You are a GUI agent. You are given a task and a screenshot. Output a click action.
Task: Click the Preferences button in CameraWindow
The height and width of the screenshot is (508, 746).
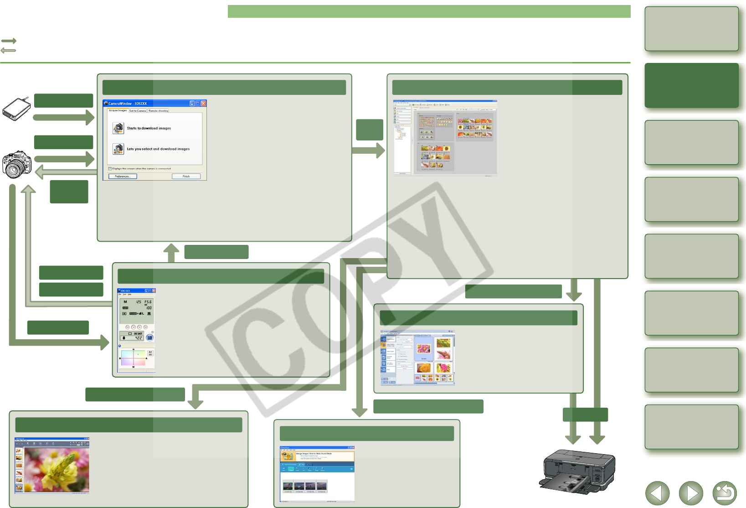pos(123,176)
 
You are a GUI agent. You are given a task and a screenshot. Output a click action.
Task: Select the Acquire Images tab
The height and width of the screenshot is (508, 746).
pos(118,110)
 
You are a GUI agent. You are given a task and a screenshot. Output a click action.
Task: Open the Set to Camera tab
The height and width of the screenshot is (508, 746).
pos(138,111)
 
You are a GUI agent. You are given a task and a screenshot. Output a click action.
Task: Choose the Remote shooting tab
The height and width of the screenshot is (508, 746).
pos(158,111)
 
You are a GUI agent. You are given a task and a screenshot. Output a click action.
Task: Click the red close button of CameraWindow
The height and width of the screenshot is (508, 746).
pos(204,104)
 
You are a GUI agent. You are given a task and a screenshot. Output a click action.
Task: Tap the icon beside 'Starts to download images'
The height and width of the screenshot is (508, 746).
pos(118,128)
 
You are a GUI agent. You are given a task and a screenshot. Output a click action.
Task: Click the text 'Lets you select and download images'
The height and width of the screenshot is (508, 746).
pos(158,149)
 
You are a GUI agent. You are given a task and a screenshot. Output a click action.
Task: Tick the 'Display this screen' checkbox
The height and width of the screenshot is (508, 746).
pos(110,169)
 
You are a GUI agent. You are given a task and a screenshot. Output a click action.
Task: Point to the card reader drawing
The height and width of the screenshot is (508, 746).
pos(16,109)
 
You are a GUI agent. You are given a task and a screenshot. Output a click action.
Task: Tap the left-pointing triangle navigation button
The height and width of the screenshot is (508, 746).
pos(657,493)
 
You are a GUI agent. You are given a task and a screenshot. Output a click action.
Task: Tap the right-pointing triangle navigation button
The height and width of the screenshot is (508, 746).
pos(691,493)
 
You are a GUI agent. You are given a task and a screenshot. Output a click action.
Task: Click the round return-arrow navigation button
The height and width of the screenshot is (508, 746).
pos(725,493)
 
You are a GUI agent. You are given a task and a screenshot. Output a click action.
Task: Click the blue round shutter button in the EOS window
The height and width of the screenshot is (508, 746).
pos(149,338)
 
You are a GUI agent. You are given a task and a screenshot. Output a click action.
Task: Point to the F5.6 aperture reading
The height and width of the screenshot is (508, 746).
pos(148,302)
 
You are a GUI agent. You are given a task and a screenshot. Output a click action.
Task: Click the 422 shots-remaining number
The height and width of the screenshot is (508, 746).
pos(138,338)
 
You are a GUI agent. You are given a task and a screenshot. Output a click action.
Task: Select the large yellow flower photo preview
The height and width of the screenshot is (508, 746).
pos(57,468)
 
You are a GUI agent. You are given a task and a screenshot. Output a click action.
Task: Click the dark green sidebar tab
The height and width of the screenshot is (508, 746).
pos(691,85)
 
